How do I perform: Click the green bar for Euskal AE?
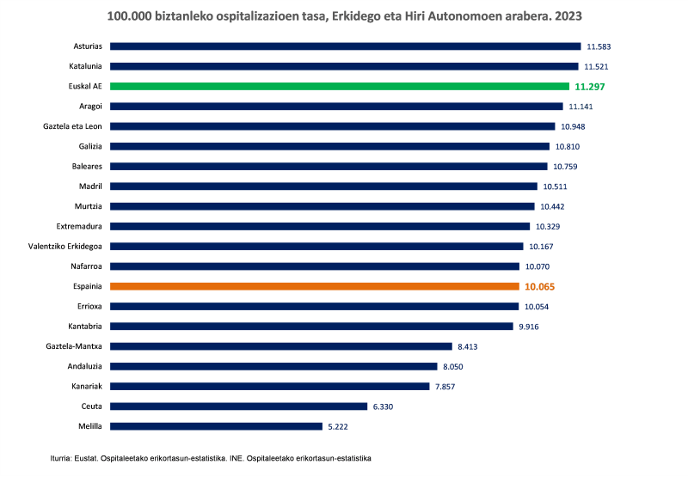pos(340,86)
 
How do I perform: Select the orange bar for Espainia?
pos(315,286)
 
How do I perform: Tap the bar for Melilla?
pos(216,426)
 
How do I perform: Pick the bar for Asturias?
pos(346,46)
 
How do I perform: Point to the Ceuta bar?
pos(239,406)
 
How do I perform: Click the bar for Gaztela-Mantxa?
pos(281,346)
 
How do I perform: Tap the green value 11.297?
pos(591,87)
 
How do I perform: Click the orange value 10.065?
pos(541,286)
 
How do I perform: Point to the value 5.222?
pos(337,426)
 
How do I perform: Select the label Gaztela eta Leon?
pos(73,126)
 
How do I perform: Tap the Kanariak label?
pos(87,387)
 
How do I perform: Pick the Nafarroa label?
pos(87,266)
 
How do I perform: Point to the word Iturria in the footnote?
pos(64,459)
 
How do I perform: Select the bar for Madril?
pos(324,186)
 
